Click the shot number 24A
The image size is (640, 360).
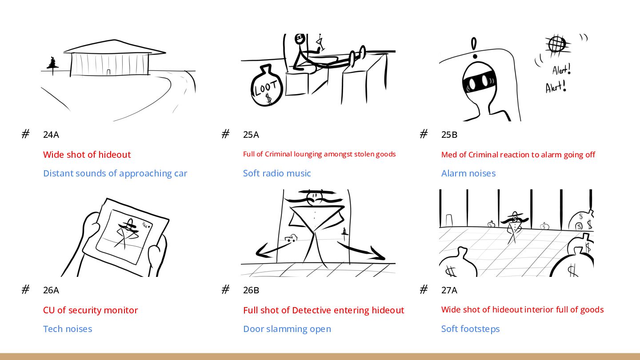coord(51,135)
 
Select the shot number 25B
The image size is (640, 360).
coord(449,135)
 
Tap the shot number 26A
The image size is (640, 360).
coord(51,290)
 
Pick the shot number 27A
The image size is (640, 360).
coord(449,290)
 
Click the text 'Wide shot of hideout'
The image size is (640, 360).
coord(87,155)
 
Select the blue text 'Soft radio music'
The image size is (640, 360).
coord(277,173)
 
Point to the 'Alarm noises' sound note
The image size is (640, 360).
coord(468,173)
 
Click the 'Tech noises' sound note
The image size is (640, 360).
coord(68,329)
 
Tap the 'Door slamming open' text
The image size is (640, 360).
coord(287,329)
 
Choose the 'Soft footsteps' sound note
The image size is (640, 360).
coord(470,329)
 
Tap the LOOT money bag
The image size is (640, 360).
coord(267,87)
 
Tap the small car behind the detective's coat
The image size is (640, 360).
coord(291,238)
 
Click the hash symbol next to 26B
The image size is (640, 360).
coord(225,290)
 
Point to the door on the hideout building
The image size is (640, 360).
coord(108,72)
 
